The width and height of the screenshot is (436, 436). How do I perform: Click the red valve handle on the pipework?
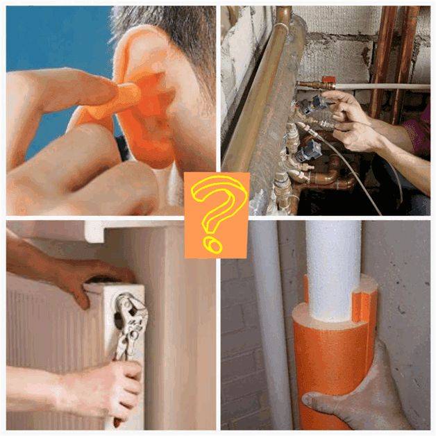[327, 81]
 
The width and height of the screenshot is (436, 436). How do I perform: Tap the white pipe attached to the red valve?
[389, 87]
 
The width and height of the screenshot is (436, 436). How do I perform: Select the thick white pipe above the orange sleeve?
[333, 257]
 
